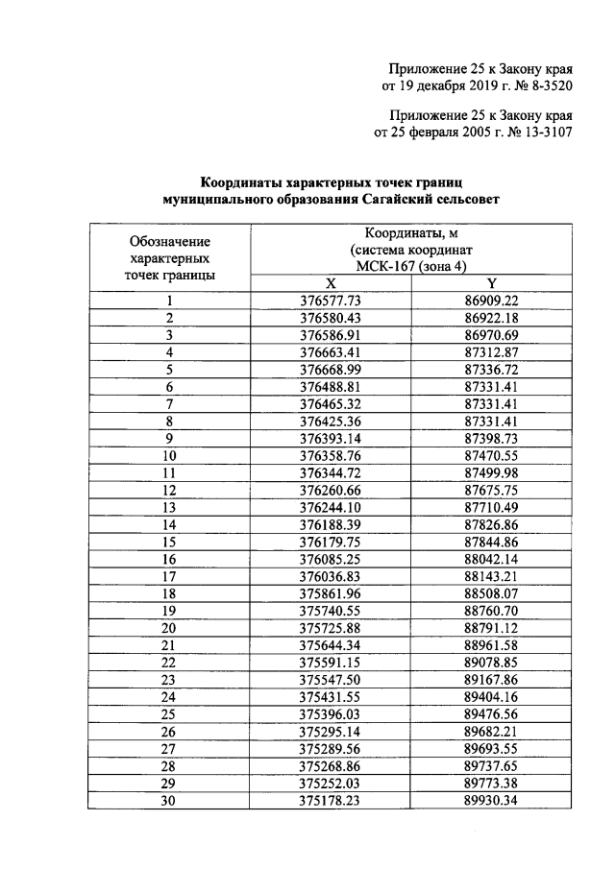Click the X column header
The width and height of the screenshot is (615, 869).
pos(330,283)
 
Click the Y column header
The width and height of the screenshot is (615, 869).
pos(491,283)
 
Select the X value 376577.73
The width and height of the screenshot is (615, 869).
pos(330,301)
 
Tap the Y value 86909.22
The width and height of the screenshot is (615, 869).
pos(491,301)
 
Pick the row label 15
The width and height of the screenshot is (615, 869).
pos(169,541)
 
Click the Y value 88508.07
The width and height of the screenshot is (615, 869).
pos(491,592)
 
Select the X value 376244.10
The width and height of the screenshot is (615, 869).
pos(330,506)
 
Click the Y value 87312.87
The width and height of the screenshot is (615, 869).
pos(491,352)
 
